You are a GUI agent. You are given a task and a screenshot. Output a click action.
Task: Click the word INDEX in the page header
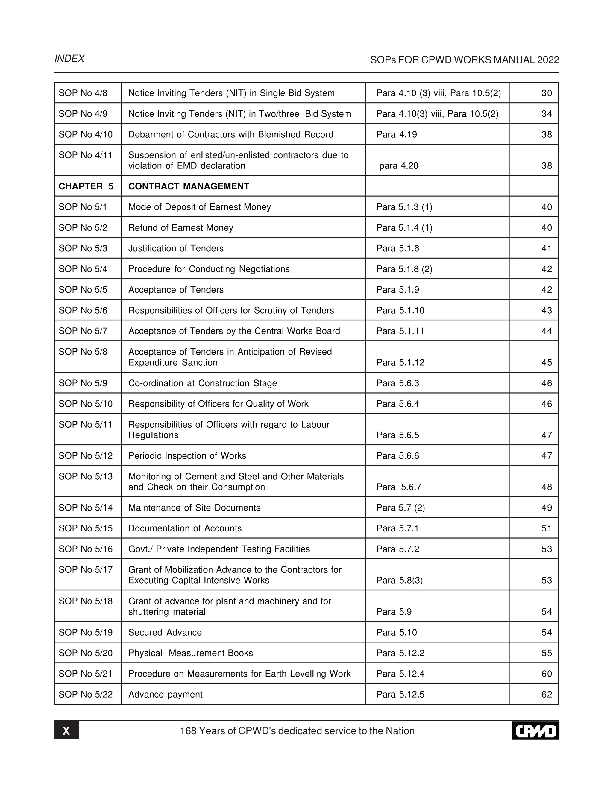[69, 59]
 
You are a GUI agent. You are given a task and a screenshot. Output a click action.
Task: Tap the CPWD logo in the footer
[535, 730]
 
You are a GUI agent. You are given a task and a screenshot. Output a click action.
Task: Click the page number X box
[66, 730]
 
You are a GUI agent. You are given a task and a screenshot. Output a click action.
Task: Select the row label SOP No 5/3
[83, 248]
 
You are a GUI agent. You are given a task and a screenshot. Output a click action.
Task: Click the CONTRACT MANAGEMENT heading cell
[189, 186]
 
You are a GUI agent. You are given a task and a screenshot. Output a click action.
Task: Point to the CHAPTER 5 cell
[86, 186]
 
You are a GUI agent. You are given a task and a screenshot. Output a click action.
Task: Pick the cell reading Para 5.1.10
[400, 310]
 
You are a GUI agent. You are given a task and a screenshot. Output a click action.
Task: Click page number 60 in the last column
[546, 674]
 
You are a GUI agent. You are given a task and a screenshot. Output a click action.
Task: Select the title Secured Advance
[165, 633]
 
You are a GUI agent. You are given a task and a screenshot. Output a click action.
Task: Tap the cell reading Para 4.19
[397, 135]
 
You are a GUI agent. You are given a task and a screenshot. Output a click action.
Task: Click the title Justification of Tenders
[176, 248]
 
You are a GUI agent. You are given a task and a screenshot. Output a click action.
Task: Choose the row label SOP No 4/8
[83, 93]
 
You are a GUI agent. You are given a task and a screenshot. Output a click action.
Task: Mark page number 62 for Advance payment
[546, 695]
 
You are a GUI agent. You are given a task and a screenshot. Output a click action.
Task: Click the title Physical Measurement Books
[191, 653]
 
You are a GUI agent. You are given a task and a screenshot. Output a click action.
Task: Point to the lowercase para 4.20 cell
[398, 166]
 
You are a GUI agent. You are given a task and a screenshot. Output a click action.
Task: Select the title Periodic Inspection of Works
[187, 456]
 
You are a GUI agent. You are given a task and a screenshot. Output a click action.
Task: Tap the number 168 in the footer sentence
[188, 731]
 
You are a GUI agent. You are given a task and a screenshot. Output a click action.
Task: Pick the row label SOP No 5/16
[86, 549]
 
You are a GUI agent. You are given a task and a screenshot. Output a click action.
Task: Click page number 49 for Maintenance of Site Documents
[546, 508]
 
